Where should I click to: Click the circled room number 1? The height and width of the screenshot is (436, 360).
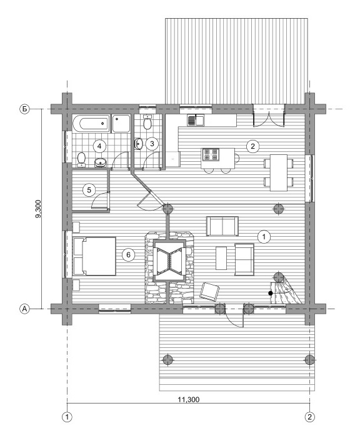click(264, 237)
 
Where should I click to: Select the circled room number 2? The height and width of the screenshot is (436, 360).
click(252, 146)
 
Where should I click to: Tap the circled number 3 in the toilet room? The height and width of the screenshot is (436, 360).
click(152, 144)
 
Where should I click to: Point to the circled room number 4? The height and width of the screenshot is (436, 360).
click(99, 146)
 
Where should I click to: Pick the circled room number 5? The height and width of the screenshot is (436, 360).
click(89, 190)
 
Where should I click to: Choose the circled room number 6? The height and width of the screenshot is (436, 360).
click(129, 254)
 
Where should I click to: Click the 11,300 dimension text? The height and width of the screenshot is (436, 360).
click(189, 400)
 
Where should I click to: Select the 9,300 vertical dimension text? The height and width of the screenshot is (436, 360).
click(38, 209)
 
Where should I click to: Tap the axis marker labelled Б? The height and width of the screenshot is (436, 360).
click(25, 109)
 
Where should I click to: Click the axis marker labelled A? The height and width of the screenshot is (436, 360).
click(25, 309)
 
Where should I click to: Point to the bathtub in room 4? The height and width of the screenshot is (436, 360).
click(91, 123)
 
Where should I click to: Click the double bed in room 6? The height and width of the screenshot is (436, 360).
click(94, 256)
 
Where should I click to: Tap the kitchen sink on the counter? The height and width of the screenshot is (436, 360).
click(196, 120)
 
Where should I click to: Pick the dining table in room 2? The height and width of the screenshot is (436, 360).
click(279, 172)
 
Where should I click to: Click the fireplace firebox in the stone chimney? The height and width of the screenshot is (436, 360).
click(169, 261)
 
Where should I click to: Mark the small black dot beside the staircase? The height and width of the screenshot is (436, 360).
click(270, 293)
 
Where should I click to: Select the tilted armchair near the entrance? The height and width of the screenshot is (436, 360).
click(209, 292)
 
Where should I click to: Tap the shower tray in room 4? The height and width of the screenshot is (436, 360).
click(121, 123)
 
